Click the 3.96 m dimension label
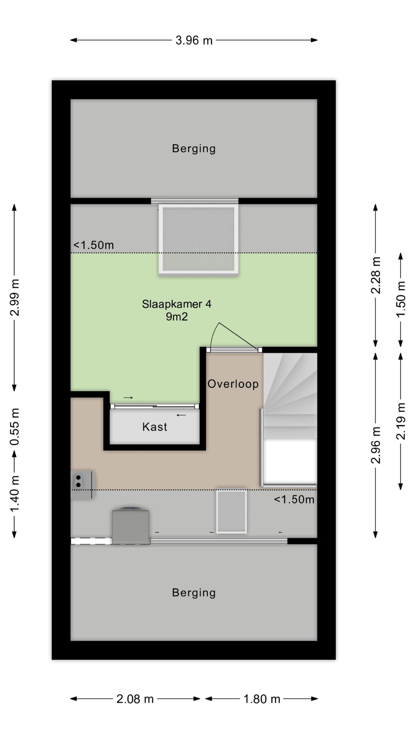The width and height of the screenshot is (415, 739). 194,40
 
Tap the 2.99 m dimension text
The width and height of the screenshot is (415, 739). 14,297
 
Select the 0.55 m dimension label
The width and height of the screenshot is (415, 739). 14,427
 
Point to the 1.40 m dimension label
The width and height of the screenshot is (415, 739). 14,494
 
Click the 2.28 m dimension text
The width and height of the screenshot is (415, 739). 376,275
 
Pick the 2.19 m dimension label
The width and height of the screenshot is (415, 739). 401,421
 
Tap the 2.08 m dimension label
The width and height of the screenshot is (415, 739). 135,699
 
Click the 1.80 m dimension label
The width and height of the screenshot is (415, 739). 262,699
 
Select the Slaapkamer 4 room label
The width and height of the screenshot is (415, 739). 176,304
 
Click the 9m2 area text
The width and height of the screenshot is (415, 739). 177,317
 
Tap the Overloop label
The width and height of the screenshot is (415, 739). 233,384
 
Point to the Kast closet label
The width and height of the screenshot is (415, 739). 155,427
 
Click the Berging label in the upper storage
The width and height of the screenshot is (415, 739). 194,149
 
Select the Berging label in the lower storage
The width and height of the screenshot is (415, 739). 194,593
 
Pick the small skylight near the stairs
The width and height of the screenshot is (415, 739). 231,511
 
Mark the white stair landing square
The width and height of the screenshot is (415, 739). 290,462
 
